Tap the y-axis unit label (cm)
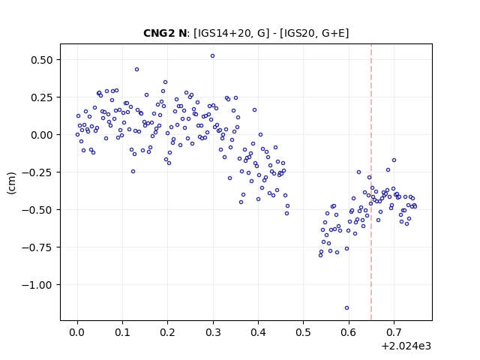pyautogui.click(x=12, y=183)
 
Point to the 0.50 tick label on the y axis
pyautogui.click(x=42, y=60)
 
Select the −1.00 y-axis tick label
pyautogui.click(x=37, y=285)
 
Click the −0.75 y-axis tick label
pyautogui.click(x=37, y=247)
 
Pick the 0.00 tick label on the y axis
pyautogui.click(x=42, y=135)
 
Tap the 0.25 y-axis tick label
pyautogui.click(x=42, y=97)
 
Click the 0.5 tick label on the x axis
pyautogui.click(x=303, y=332)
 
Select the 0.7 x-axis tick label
pyautogui.click(x=394, y=332)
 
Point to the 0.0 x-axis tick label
pyautogui.click(x=77, y=332)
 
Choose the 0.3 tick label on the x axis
pyautogui.click(x=213, y=332)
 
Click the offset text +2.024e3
pyautogui.click(x=406, y=346)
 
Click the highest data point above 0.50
pyautogui.click(x=212, y=56)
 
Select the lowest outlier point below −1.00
pyautogui.click(x=346, y=308)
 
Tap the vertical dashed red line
pyautogui.click(x=371, y=182)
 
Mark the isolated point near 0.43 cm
pyautogui.click(x=136, y=70)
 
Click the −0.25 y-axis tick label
pyautogui.click(x=37, y=172)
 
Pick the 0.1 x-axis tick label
pyautogui.click(x=122, y=332)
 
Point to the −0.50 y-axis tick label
pyautogui.click(x=37, y=210)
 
